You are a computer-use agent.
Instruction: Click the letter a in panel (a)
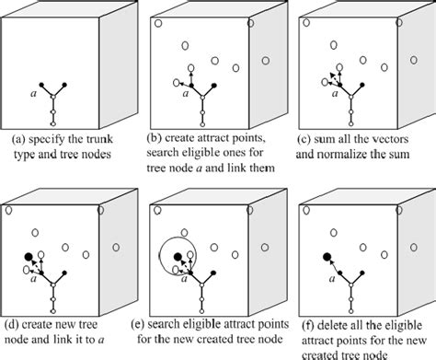(33, 93)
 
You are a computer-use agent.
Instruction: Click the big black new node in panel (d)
(29, 257)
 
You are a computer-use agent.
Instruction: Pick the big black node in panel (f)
(327, 257)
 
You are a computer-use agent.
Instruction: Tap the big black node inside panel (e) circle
(178, 257)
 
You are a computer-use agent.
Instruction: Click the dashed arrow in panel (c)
(335, 78)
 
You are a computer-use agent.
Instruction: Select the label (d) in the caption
(11, 325)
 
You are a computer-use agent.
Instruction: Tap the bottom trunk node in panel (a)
(52, 124)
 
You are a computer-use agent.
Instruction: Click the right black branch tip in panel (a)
(64, 85)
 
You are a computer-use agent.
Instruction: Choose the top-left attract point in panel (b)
(158, 23)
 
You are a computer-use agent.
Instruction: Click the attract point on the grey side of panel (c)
(414, 60)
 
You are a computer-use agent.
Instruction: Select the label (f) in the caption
(308, 325)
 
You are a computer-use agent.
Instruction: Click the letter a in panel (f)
(332, 279)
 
